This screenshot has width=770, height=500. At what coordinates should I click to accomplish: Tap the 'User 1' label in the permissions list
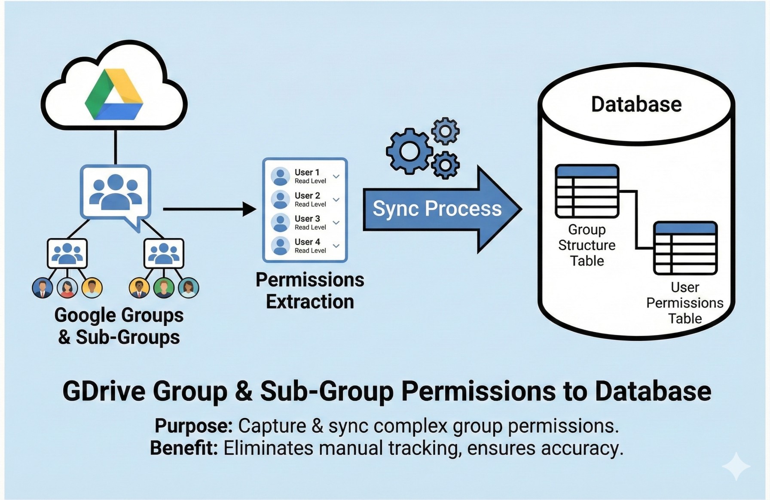click(x=307, y=172)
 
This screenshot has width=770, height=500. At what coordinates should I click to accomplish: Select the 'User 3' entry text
click(x=307, y=219)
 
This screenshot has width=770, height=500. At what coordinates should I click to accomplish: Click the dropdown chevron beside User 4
click(x=336, y=246)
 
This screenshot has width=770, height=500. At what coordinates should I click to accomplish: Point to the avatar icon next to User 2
click(x=280, y=200)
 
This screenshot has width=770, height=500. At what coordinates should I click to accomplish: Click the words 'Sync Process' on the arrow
click(x=437, y=209)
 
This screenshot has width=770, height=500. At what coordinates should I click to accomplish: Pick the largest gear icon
click(x=409, y=151)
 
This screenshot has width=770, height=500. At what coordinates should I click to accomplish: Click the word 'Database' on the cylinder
click(x=636, y=104)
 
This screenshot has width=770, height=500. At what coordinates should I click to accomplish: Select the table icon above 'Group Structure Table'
click(x=587, y=191)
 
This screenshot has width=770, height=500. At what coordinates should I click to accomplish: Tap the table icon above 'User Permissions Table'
click(x=685, y=248)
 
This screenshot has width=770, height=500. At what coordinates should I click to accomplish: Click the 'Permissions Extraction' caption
click(x=310, y=291)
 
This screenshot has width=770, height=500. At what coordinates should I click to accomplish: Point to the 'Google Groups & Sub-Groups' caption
click(x=119, y=326)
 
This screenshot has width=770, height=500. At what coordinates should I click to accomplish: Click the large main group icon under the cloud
click(x=115, y=192)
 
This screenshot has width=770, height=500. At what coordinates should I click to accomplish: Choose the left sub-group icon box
click(x=67, y=253)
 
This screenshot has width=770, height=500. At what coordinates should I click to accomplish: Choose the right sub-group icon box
click(x=164, y=253)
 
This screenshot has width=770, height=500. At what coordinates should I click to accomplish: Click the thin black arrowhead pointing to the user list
click(x=249, y=209)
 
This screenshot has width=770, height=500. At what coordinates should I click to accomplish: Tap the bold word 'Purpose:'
click(x=193, y=426)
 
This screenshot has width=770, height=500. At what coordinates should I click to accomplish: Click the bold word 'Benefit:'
click(x=183, y=448)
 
